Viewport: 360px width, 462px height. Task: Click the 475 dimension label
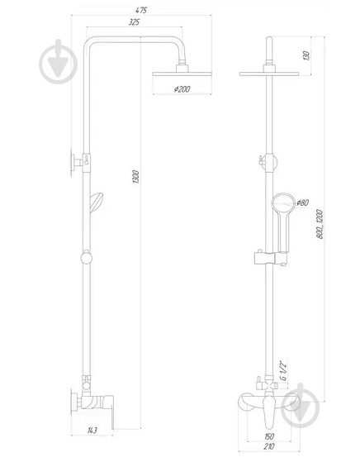pyautogui.click(x=141, y=10)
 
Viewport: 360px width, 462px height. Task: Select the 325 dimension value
pyautogui.click(x=134, y=22)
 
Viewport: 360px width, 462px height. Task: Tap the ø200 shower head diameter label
pyautogui.click(x=182, y=89)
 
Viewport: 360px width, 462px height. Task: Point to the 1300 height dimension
pyautogui.click(x=135, y=177)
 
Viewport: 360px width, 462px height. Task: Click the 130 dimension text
pyautogui.click(x=306, y=55)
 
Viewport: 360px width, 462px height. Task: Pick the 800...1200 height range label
pyautogui.click(x=320, y=224)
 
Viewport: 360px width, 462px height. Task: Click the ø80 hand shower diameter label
pyautogui.click(x=302, y=202)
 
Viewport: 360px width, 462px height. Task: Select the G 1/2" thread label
pyautogui.click(x=283, y=370)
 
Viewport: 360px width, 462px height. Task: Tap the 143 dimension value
pyautogui.click(x=92, y=431)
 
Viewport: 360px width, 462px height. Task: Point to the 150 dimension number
pyautogui.click(x=268, y=436)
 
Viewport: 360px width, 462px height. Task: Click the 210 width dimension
pyautogui.click(x=268, y=446)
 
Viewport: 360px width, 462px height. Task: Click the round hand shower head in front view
pyautogui.click(x=283, y=203)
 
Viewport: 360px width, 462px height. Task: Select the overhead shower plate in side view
pyautogui.click(x=182, y=74)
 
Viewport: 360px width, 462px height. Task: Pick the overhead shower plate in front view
pyautogui.click(x=269, y=74)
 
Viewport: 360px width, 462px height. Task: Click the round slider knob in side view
pyautogui.click(x=86, y=258)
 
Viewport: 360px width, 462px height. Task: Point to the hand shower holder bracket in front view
pyautogui.click(x=269, y=258)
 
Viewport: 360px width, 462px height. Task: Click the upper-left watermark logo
pyautogui.click(x=58, y=61)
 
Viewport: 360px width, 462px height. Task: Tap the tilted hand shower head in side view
pyautogui.click(x=97, y=202)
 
